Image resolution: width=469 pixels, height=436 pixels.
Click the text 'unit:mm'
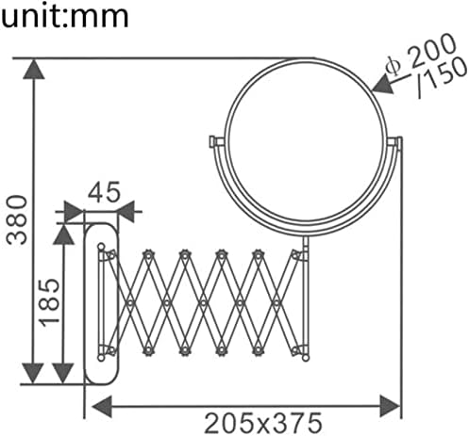click(65, 16)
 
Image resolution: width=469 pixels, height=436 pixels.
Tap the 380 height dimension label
click(17, 219)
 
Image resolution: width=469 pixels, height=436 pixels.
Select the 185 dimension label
click(49, 302)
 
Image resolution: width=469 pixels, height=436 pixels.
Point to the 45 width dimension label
click(104, 191)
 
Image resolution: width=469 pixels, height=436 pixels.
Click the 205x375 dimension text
click(263, 423)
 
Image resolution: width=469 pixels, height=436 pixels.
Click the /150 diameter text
click(441, 77)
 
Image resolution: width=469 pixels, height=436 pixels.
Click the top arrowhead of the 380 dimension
click(34, 69)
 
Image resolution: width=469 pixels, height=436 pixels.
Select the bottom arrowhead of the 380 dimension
click(33, 373)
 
